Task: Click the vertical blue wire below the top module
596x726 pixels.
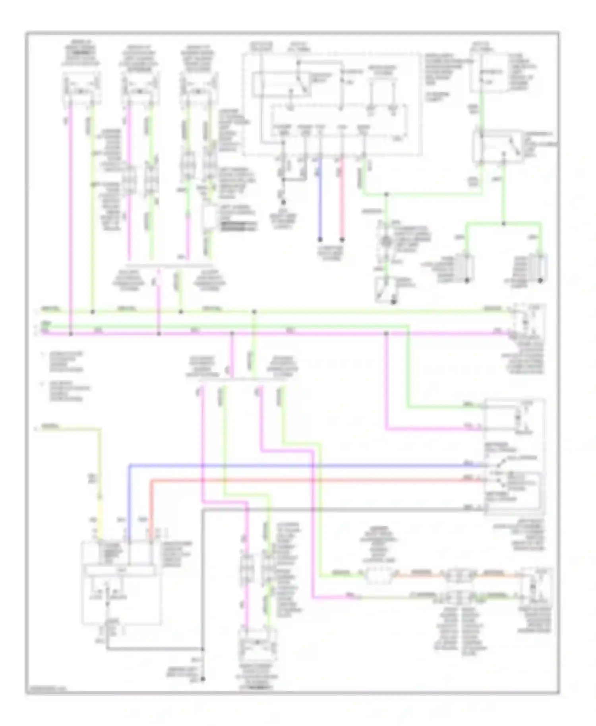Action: click(x=320, y=207)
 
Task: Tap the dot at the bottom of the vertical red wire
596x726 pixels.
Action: click(x=342, y=240)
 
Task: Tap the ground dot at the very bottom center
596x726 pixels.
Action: click(x=203, y=679)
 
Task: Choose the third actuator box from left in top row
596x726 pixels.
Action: click(x=199, y=88)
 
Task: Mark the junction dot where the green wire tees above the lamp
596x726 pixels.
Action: click(x=386, y=195)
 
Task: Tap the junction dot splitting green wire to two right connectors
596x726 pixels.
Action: click(x=503, y=224)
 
